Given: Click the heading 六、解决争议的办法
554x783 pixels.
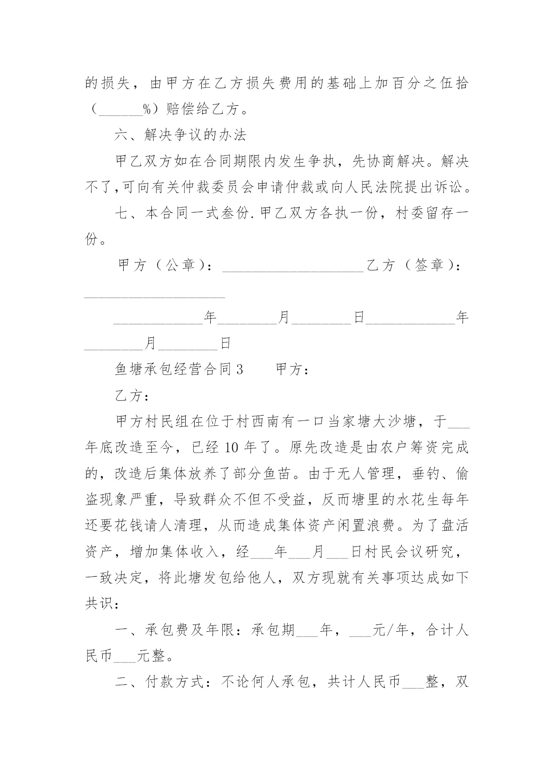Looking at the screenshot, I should (180, 135).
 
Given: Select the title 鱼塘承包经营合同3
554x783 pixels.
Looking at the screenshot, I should (179, 370).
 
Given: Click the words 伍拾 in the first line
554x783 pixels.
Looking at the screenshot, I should (454, 83).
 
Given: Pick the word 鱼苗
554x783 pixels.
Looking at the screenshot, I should (279, 474).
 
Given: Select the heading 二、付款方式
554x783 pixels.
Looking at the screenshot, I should (161, 683).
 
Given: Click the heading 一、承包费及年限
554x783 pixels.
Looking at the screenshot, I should (174, 630).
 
